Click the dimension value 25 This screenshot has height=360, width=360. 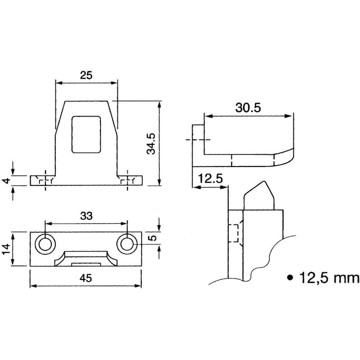coord(86,75)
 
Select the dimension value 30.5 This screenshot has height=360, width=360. coord(248,108)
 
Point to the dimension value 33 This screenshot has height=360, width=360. coord(86,216)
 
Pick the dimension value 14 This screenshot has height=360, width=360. coord(6,249)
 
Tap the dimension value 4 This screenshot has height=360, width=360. coord(7,181)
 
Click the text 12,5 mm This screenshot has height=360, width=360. coord(329,278)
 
